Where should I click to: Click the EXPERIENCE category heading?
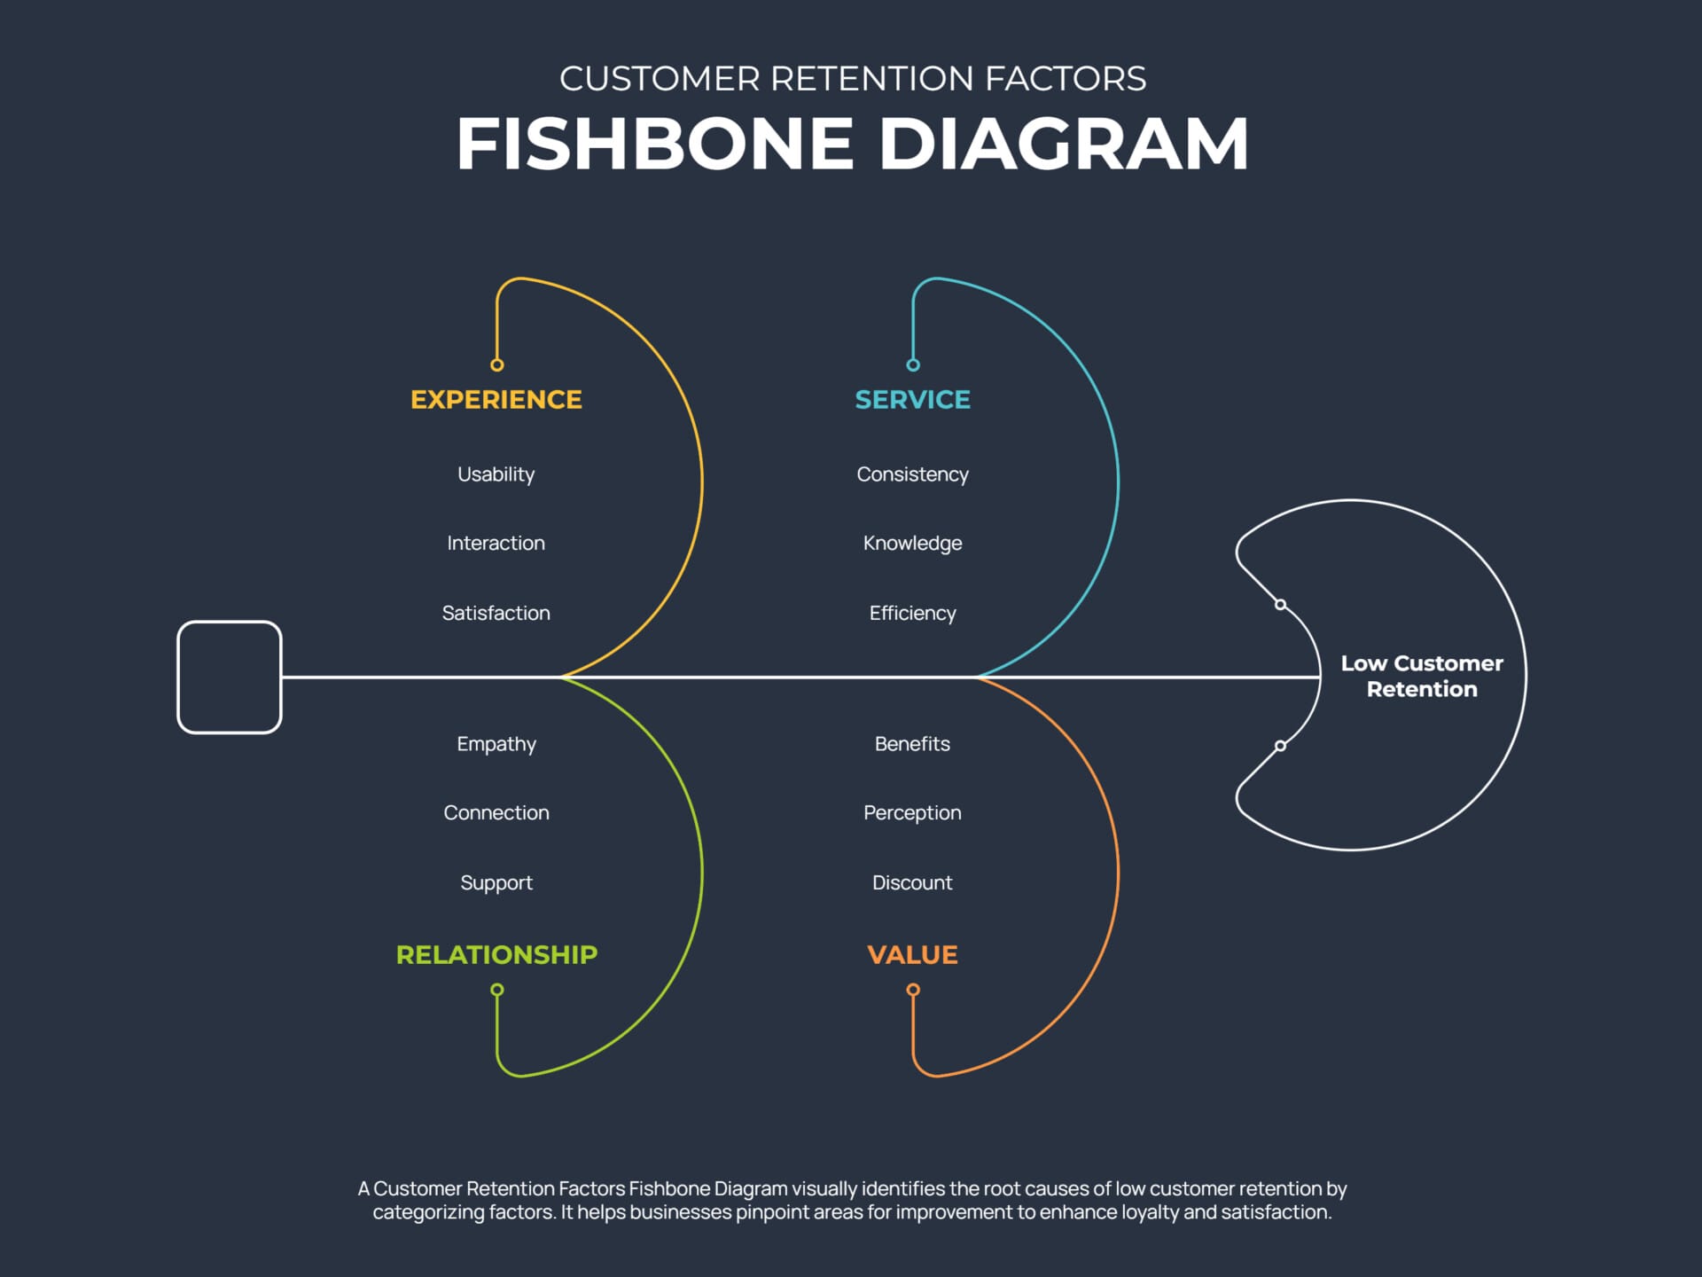[496, 400]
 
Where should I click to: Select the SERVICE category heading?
[912, 400]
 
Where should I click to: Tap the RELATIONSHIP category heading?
[496, 955]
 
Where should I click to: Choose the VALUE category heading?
[912, 955]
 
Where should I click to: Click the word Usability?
[496, 474]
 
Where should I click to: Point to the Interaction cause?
[496, 543]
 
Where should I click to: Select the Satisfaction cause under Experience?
[496, 613]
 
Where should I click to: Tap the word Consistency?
[912, 474]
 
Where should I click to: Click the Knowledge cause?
[912, 543]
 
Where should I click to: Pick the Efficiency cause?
[912, 613]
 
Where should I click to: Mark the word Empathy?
[496, 744]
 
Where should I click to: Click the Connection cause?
[496, 812]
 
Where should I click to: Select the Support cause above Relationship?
[496, 882]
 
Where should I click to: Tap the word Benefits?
[912, 744]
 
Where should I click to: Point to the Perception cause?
[912, 812]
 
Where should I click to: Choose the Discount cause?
[912, 882]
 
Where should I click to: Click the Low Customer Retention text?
[1422, 676]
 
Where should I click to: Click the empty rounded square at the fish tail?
[230, 678]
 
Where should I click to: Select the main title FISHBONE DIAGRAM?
[852, 144]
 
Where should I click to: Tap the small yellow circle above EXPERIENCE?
[497, 365]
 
